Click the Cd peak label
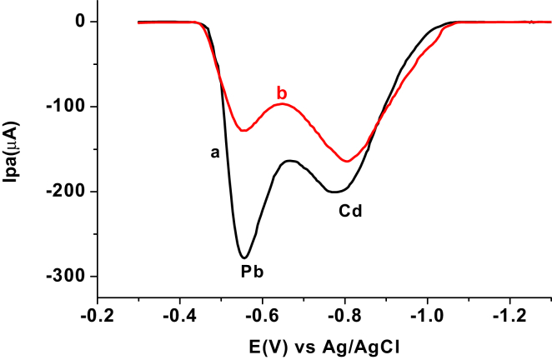click(350, 211)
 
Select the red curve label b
click(282, 91)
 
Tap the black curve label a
click(214, 152)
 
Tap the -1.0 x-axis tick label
click(428, 318)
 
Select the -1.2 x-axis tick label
click(510, 318)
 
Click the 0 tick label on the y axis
click(81, 22)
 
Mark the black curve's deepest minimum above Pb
click(243, 257)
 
